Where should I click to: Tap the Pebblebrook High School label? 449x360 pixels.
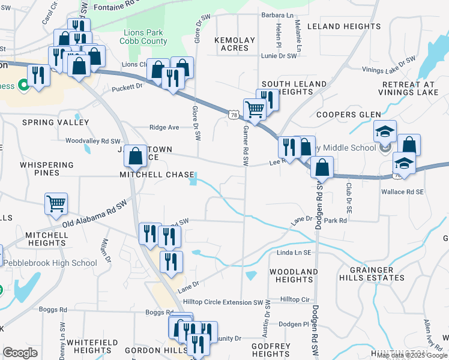pyautogui.click(x=50, y=263)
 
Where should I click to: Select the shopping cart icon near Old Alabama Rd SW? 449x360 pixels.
pyautogui.click(x=56, y=203)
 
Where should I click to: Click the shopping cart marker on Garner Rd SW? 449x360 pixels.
pyautogui.click(x=255, y=109)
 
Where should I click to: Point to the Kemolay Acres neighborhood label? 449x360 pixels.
pyautogui.click(x=235, y=44)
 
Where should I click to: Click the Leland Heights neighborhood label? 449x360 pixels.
pyautogui.click(x=344, y=26)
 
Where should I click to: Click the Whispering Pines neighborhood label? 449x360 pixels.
pyautogui.click(x=47, y=169)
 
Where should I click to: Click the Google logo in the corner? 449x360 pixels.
pyautogui.click(x=20, y=353)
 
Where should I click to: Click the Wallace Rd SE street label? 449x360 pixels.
pyautogui.click(x=402, y=192)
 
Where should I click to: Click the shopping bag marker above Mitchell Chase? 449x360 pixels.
pyautogui.click(x=136, y=156)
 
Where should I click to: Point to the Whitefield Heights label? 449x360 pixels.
pyautogui.click(x=89, y=346)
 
